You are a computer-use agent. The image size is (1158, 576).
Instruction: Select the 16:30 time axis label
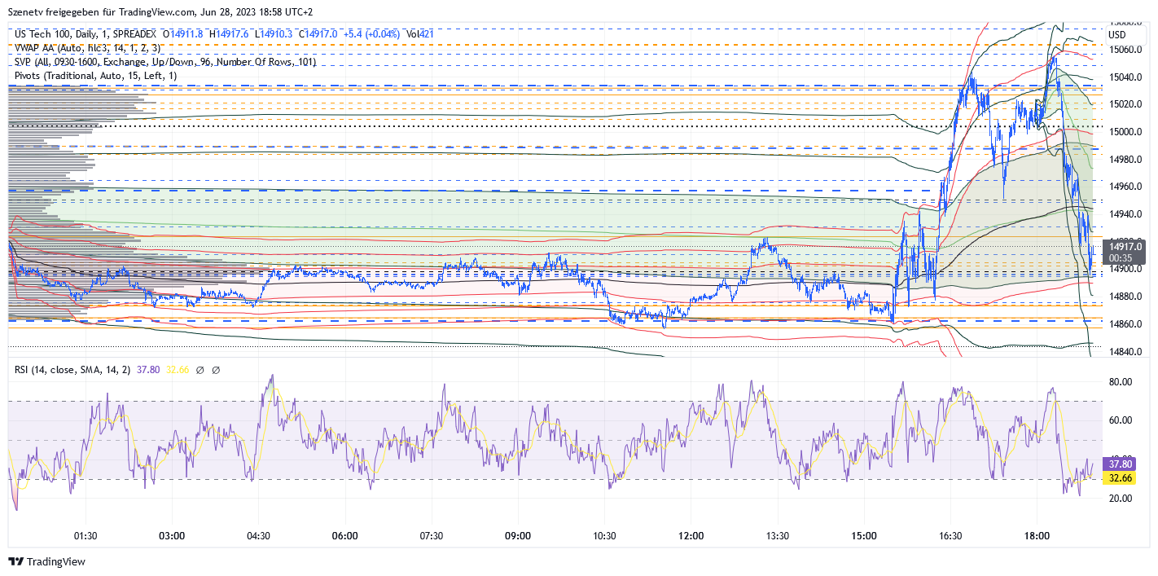(x=950, y=536)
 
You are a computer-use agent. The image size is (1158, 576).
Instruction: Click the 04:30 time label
(x=258, y=536)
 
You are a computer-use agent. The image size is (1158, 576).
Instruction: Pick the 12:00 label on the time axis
(x=691, y=536)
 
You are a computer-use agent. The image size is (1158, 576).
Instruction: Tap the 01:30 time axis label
(x=86, y=536)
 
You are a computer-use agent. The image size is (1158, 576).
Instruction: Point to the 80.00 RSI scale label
(x=1122, y=381)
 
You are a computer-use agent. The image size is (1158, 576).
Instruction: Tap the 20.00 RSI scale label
(x=1122, y=499)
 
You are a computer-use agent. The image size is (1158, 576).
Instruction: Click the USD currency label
(x=1116, y=35)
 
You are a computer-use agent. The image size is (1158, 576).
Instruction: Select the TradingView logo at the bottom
(x=46, y=562)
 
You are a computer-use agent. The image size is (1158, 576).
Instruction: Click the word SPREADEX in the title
(x=133, y=34)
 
